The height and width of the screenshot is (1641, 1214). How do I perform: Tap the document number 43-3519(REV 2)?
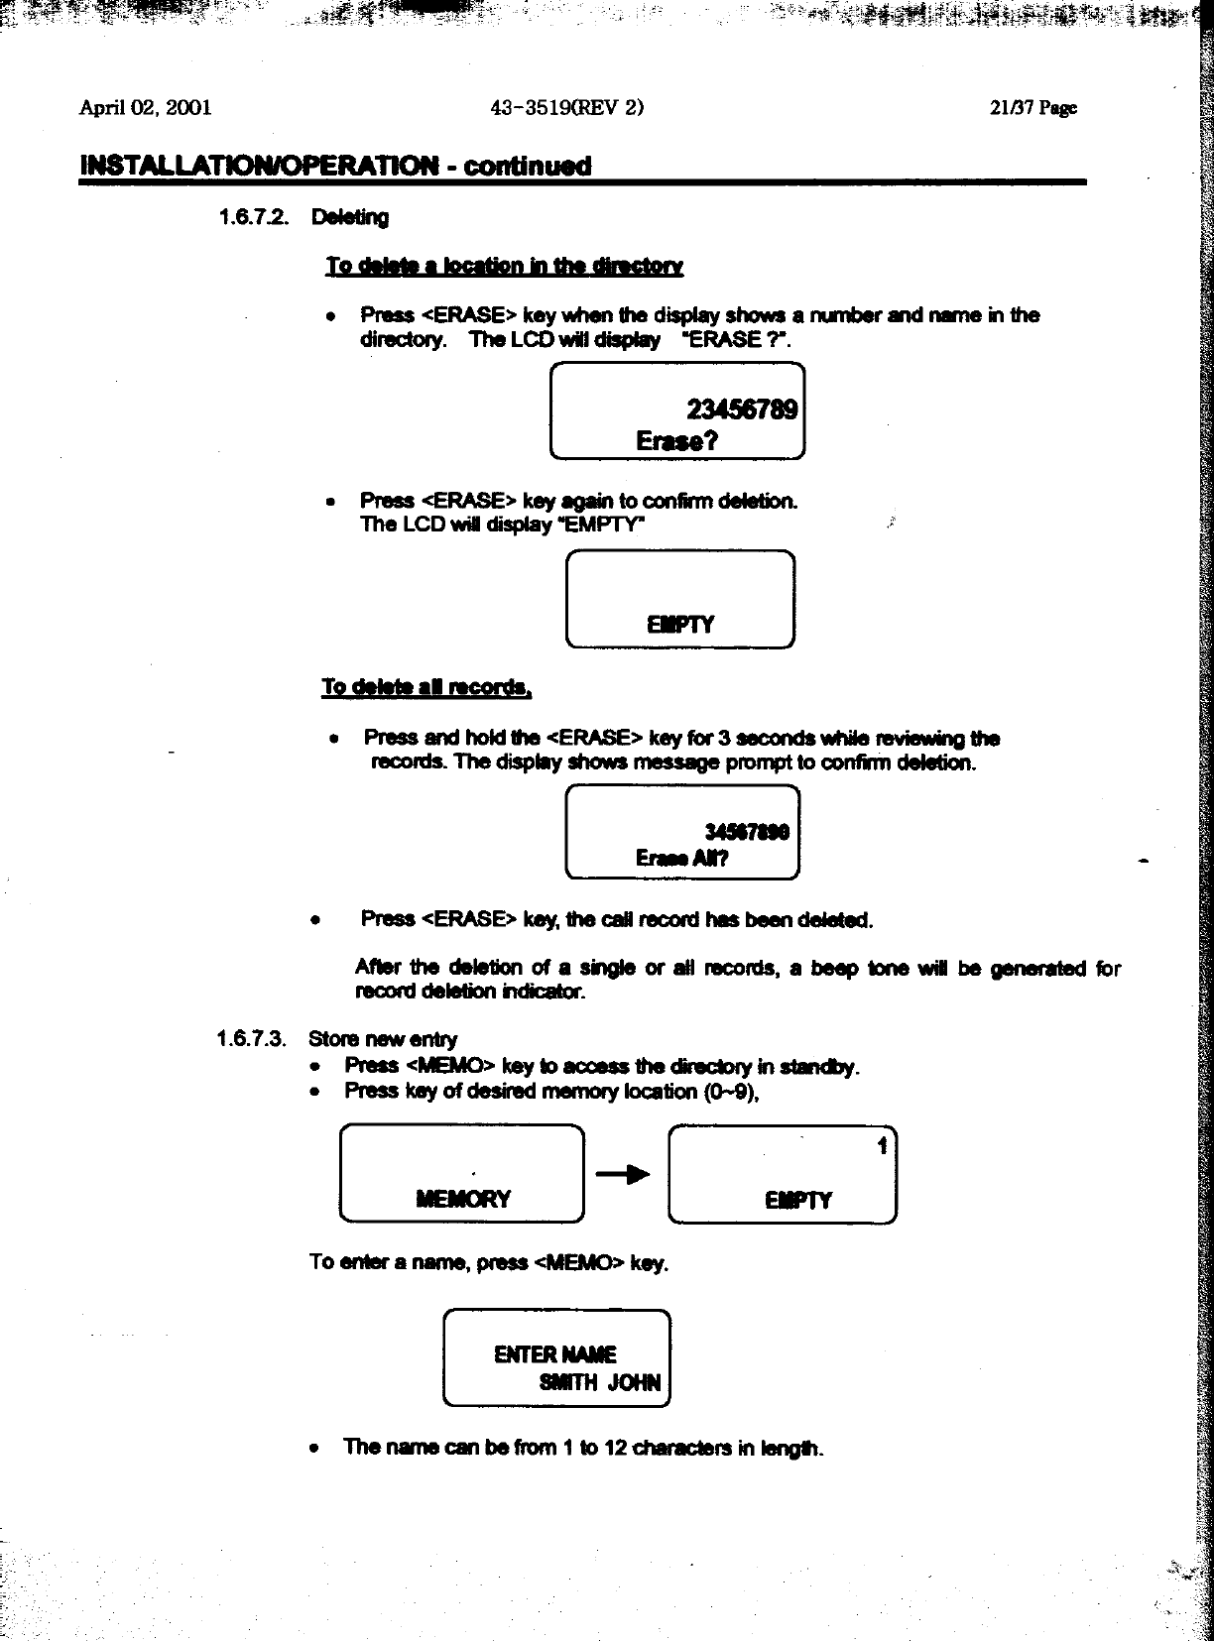pos(567,108)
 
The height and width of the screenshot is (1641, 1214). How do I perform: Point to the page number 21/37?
pos(1032,108)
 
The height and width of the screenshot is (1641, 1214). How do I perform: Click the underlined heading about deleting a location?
pos(505,266)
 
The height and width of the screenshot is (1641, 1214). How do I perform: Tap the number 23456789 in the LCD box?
pos(742,410)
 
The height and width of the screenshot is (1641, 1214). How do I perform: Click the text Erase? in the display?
pos(677,441)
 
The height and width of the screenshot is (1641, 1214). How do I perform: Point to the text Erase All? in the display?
pos(682,859)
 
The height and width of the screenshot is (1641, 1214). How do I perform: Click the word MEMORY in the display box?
pos(463,1199)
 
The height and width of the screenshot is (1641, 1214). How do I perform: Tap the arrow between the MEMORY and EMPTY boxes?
pos(624,1175)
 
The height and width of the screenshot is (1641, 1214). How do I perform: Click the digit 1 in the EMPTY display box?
pos(881,1147)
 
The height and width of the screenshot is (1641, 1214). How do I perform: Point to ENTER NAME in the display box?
pos(554,1354)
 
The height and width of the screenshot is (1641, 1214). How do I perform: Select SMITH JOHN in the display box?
pos(599,1383)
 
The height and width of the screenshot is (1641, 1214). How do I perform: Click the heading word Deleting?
pos(349,217)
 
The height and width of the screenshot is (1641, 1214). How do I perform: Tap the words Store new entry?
pos(383,1039)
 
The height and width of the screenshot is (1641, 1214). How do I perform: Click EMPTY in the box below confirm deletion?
pos(680,625)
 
